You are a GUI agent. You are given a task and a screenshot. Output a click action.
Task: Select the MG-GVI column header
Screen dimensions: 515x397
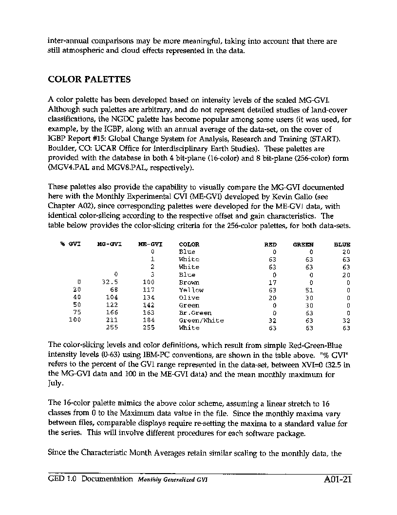(x=109, y=245)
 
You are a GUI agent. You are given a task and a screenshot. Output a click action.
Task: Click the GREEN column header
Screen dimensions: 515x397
(x=303, y=245)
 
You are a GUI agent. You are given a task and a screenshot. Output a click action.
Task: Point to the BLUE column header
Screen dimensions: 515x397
(x=342, y=245)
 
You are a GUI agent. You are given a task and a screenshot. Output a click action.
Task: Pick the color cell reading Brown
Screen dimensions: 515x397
(x=189, y=283)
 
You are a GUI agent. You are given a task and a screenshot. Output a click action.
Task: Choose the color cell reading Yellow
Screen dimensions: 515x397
(x=191, y=290)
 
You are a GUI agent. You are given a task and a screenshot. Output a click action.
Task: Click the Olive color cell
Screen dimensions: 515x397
(x=189, y=298)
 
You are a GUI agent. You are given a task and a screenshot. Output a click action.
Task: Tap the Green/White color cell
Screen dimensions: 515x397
(x=201, y=321)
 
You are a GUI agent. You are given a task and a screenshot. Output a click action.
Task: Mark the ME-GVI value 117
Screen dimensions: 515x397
(x=149, y=290)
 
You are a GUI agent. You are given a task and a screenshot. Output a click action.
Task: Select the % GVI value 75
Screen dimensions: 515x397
(x=77, y=313)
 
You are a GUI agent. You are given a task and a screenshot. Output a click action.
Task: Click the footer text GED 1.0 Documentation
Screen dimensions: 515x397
(x=91, y=479)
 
